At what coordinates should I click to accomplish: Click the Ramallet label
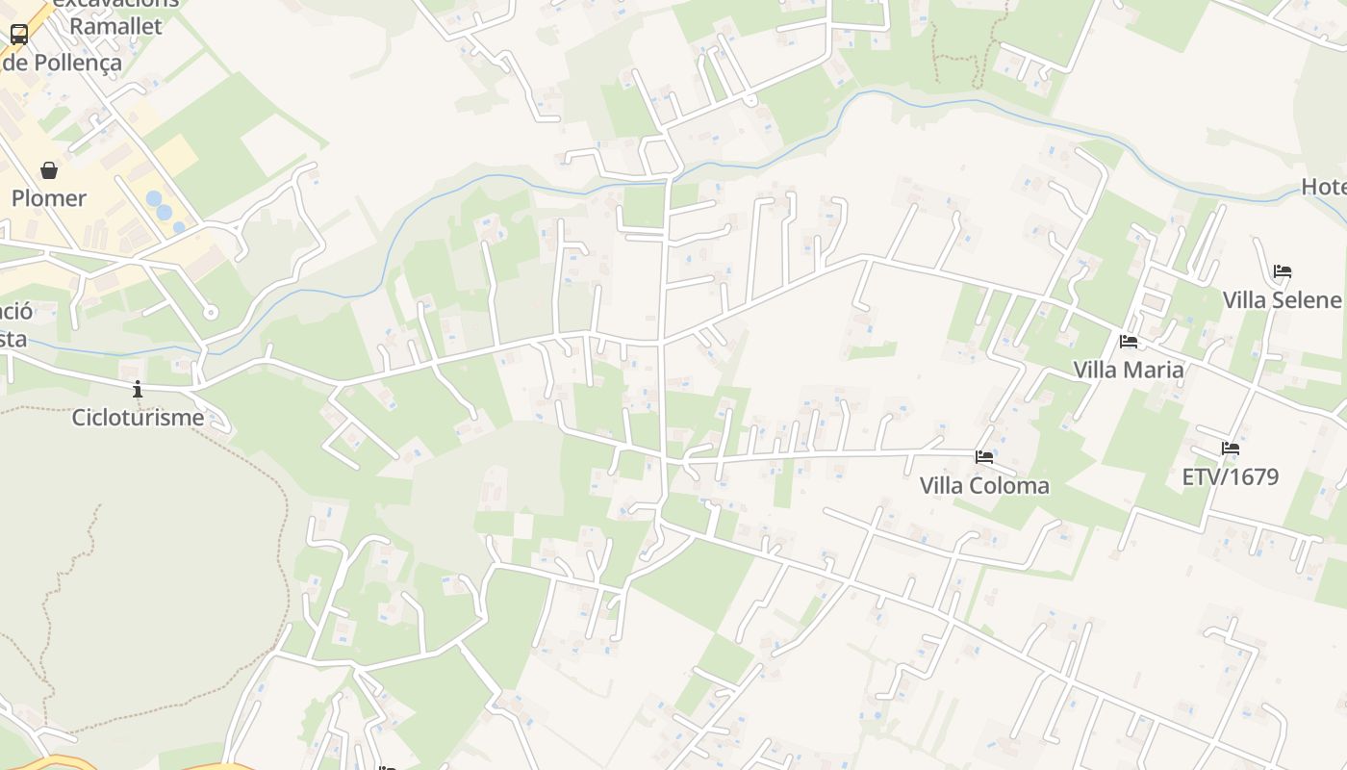(x=115, y=26)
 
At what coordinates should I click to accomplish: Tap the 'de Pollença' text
(x=63, y=63)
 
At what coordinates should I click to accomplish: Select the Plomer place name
(x=49, y=198)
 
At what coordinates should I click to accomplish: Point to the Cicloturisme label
(x=138, y=418)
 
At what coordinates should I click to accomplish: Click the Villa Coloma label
(x=984, y=485)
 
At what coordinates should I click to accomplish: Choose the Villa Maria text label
(x=1129, y=370)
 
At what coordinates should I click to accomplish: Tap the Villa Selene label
(x=1282, y=300)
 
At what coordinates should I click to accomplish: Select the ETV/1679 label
(x=1231, y=476)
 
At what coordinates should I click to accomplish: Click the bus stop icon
(x=18, y=35)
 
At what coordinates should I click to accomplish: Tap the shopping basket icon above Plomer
(x=49, y=170)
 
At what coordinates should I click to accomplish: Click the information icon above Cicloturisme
(x=138, y=389)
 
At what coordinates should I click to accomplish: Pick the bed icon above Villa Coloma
(x=984, y=456)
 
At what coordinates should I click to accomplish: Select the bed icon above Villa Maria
(x=1129, y=341)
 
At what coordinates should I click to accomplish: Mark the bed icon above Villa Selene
(x=1283, y=271)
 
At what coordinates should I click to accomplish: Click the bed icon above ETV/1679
(x=1231, y=448)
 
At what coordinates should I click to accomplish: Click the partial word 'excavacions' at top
(x=115, y=3)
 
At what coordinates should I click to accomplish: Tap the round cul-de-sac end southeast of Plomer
(x=211, y=312)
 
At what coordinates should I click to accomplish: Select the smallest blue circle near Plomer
(x=179, y=228)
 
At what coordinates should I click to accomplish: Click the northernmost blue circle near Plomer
(x=154, y=199)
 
